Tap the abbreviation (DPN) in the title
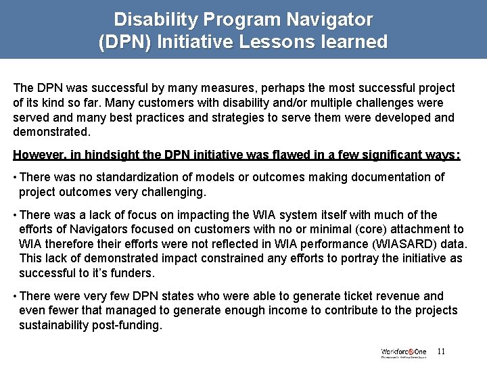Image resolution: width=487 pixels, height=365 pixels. tap(125, 43)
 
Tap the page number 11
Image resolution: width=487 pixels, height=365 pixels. tap(442, 351)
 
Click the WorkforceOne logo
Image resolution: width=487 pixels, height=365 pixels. tap(403, 352)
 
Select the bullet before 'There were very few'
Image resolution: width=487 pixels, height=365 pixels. tap(15, 296)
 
